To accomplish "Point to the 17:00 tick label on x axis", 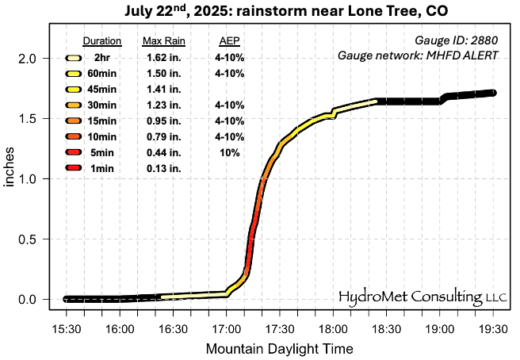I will tap(227, 327).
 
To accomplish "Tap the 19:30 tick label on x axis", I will tap(493, 327).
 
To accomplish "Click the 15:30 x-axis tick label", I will tap(65, 327).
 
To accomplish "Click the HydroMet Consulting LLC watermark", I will tap(421, 297).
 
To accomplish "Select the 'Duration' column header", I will tap(101, 41).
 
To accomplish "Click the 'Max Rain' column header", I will tap(163, 41).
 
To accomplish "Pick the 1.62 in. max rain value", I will tap(164, 58).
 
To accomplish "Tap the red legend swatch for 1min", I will tap(74, 168).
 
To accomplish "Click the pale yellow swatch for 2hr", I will tap(74, 58).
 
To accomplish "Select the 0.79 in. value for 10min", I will tap(164, 136).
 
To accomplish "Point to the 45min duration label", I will tap(102, 89).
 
